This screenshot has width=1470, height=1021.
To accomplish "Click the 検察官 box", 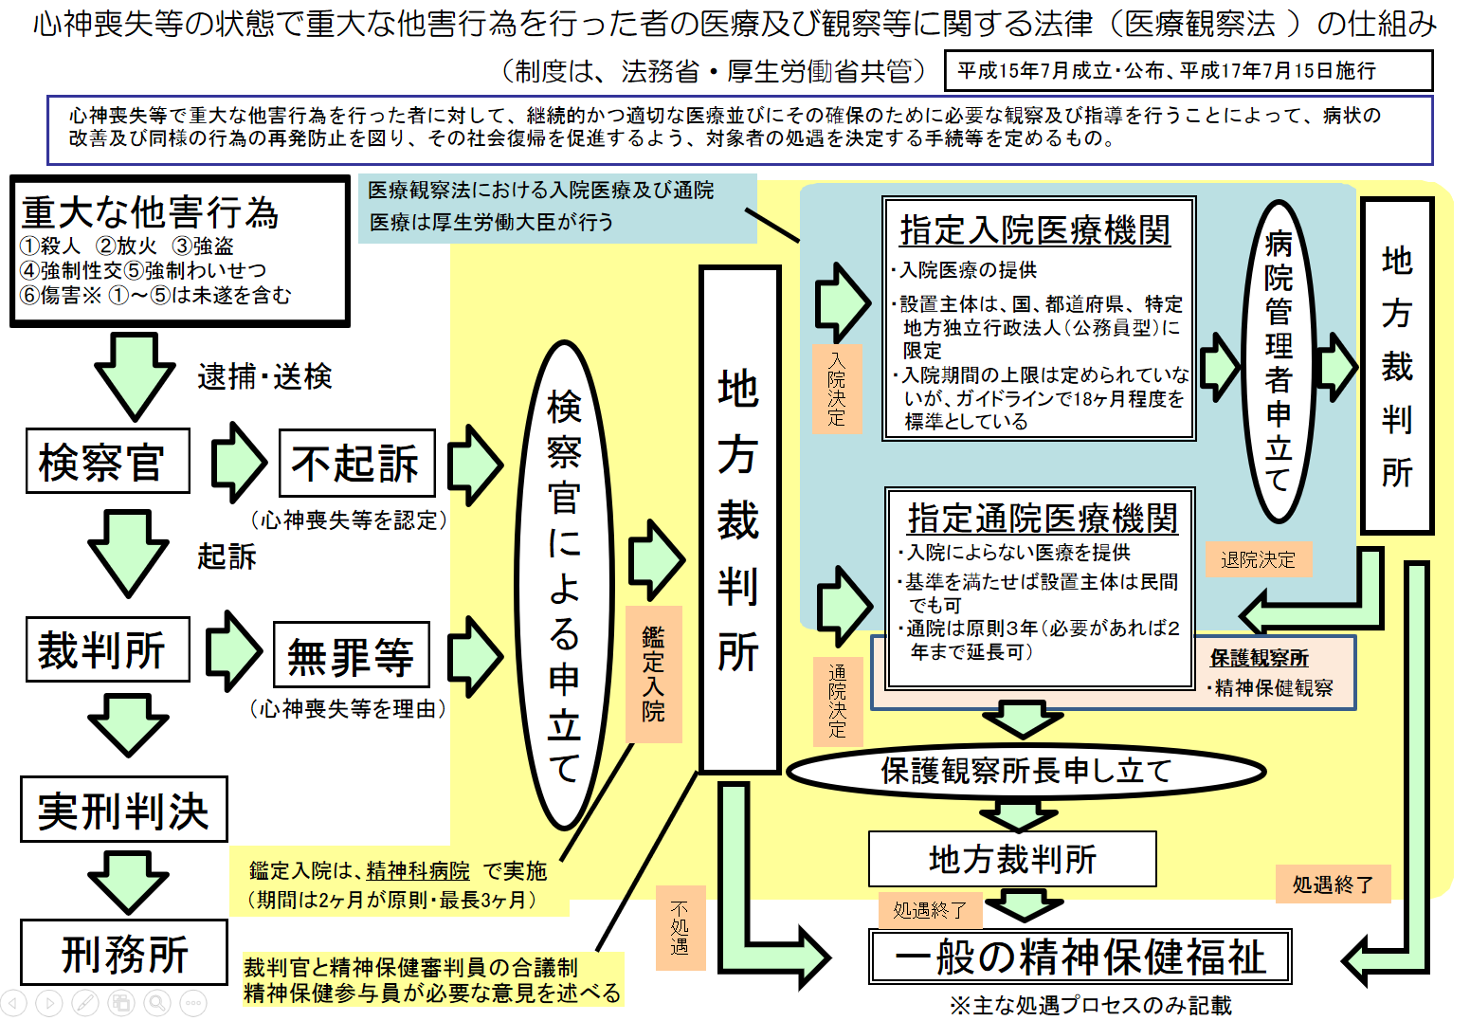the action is click(108, 461).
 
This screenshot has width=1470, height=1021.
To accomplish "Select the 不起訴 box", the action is click(357, 463).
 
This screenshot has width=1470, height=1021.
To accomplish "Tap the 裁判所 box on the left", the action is click(108, 648).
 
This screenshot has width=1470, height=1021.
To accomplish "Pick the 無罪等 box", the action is click(352, 654).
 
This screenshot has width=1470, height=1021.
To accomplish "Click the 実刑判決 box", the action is click(124, 809).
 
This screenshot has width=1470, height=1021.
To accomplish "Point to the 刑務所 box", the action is click(124, 952).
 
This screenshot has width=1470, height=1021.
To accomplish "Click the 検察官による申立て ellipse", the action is click(564, 584).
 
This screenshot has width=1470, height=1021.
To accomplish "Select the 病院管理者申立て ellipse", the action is click(1278, 361).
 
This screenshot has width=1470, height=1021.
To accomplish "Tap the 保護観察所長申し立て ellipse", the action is click(1025, 771).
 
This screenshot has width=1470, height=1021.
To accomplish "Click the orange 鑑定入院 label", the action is click(654, 674).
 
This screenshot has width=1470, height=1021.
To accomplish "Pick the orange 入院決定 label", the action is click(837, 389).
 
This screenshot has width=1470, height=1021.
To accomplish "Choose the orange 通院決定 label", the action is click(838, 701).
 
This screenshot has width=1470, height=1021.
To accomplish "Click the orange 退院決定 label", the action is click(1258, 559).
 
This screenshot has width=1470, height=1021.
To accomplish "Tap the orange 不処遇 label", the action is click(681, 927).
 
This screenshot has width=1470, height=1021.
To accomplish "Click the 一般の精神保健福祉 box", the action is click(1080, 956).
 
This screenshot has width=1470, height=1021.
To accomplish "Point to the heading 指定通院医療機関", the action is click(1043, 519).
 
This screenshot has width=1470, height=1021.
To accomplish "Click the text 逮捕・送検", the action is click(265, 376).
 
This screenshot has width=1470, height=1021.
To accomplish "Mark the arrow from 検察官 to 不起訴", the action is click(239, 463).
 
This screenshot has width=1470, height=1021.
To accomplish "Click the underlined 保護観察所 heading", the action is click(1259, 657).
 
